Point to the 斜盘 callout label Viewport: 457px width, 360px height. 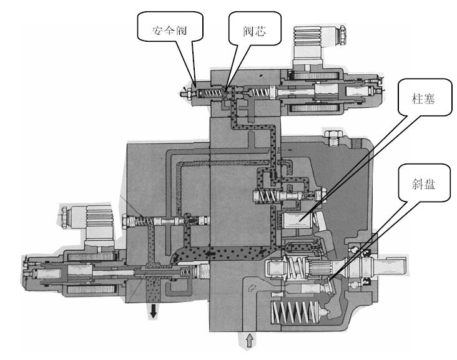(x=422, y=185)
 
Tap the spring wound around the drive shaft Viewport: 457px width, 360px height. (x=293, y=268)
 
